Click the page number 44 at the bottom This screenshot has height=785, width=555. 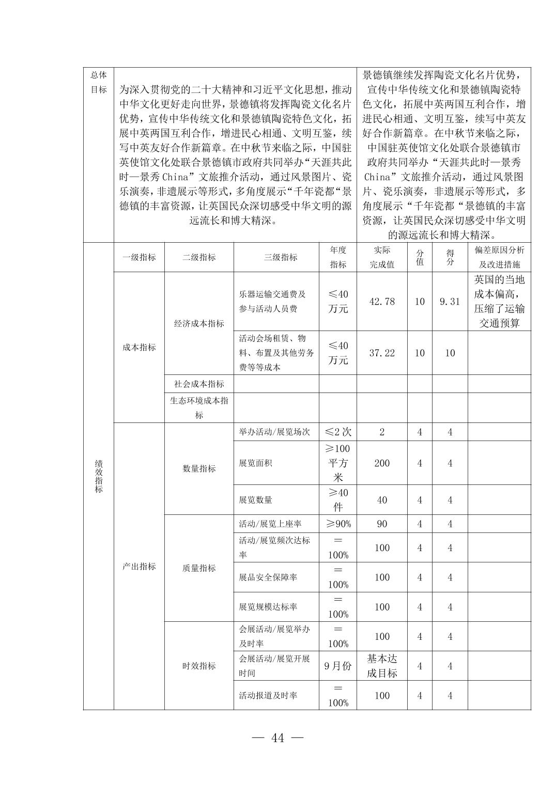tap(277, 738)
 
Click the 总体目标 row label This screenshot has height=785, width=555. tap(99, 82)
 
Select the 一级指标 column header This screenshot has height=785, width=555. tap(139, 257)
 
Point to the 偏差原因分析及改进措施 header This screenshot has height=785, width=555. tap(499, 257)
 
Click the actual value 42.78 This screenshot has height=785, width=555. tap(382, 302)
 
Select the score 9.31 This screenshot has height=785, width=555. tap(450, 302)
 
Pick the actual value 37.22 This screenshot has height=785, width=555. tap(382, 353)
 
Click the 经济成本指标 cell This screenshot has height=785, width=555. tap(199, 324)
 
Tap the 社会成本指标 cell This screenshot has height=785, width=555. tap(199, 384)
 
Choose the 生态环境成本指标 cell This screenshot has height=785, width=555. tap(199, 407)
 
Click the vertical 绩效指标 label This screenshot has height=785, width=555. tap(99, 476)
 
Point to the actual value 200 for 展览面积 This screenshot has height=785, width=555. tap(382, 463)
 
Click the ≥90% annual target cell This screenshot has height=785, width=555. tap(338, 524)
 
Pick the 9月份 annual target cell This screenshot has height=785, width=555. tap(338, 666)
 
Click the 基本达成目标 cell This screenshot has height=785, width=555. tap(382, 666)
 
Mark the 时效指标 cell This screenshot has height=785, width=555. tap(199, 666)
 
